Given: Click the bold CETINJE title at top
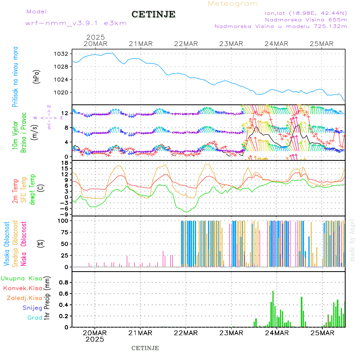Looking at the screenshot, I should (x=153, y=14).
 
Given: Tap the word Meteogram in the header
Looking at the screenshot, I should (x=233, y=4).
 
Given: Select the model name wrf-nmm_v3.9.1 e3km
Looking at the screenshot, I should (x=76, y=23).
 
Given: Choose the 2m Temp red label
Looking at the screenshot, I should (x=15, y=191).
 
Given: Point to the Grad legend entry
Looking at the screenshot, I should (x=34, y=318).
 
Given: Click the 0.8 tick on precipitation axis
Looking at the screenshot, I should (x=63, y=282).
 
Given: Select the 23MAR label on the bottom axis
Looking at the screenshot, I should (x=232, y=333).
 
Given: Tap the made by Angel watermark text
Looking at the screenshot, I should (x=352, y=240).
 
